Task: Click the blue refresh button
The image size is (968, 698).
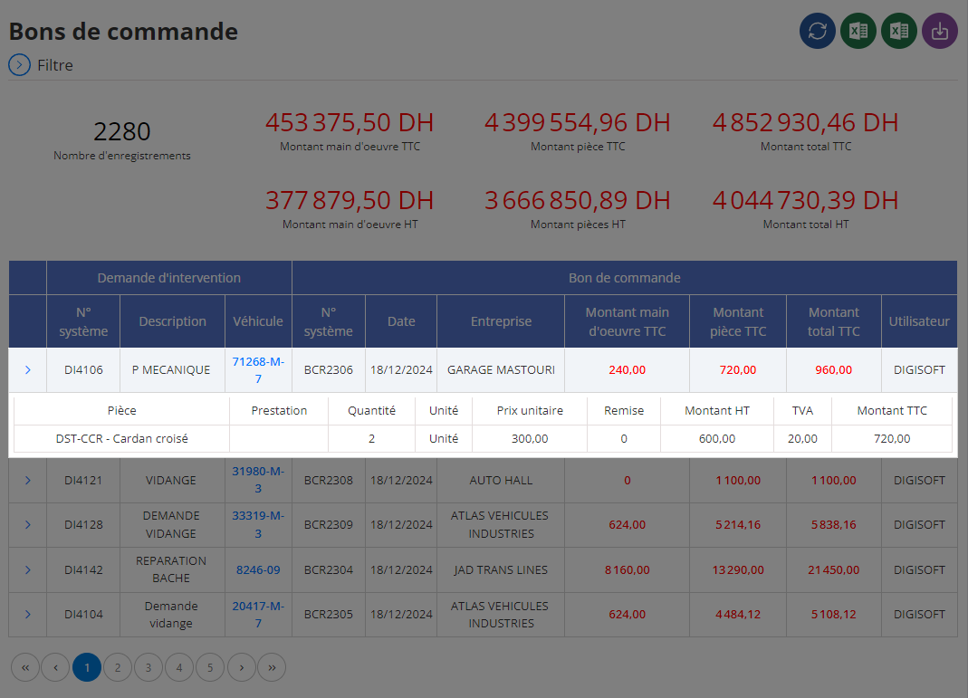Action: coord(818,31)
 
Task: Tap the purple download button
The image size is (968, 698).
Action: coord(940,31)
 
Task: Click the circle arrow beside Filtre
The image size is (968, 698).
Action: coord(19,65)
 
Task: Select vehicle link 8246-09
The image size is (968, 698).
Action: coord(258,569)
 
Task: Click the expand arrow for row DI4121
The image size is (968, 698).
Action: coord(28,480)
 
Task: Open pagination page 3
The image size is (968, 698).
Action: coord(149,667)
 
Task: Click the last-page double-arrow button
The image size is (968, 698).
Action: coord(272,667)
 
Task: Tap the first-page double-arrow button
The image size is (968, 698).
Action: coord(25,667)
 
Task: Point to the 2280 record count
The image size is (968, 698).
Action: coord(122,131)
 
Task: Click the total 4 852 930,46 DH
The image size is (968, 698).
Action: coord(806,122)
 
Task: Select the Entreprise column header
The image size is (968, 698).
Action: coord(501,320)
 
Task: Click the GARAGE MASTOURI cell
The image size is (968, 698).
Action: coord(501,369)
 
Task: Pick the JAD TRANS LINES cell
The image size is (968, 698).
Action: coord(501,569)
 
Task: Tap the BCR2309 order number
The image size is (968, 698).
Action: coord(329,524)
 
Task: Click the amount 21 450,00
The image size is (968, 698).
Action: coord(833,569)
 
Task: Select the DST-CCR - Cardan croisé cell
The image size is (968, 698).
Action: coord(121,439)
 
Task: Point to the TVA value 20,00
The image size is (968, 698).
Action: coord(802,439)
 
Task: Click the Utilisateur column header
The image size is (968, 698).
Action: coord(919,320)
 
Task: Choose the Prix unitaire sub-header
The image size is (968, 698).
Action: coord(530,410)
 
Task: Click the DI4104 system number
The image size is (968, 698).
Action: coord(83,614)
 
